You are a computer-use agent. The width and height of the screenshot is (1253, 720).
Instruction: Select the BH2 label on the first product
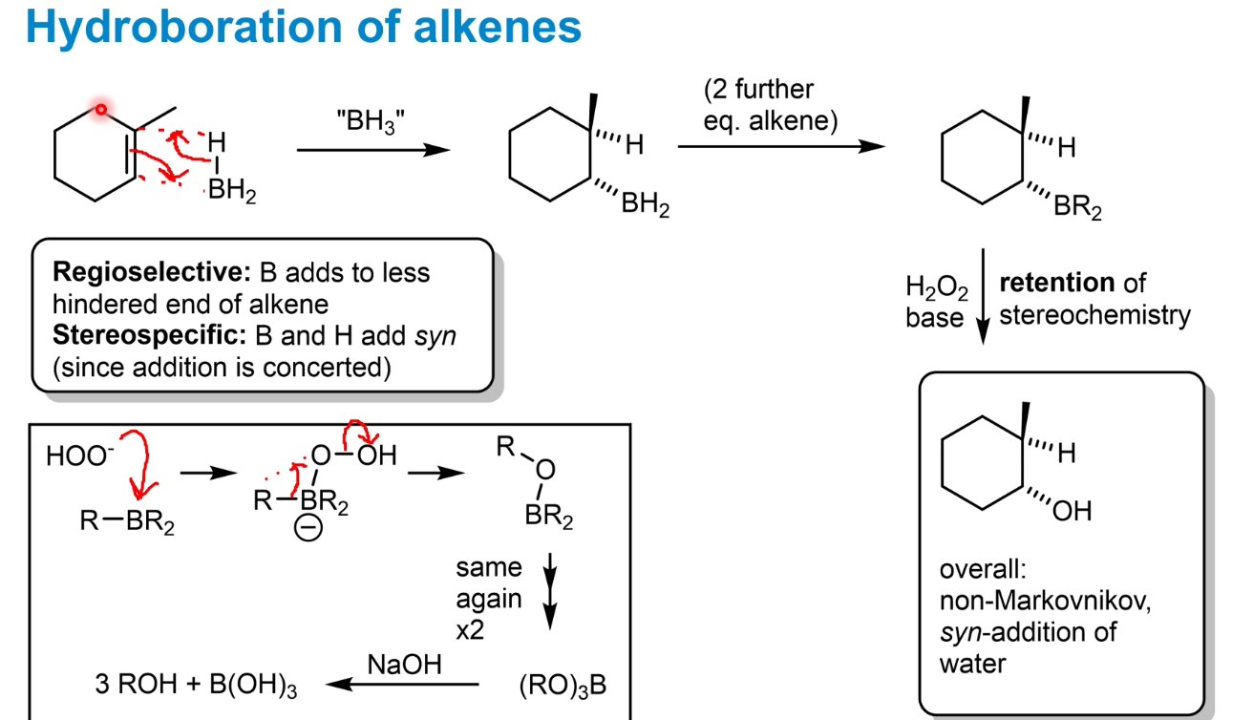click(645, 205)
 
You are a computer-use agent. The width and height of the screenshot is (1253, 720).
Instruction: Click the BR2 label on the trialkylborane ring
click(1077, 207)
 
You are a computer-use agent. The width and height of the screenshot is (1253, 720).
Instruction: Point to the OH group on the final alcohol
click(1072, 513)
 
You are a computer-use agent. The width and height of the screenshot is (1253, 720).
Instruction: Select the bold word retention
click(1056, 283)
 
